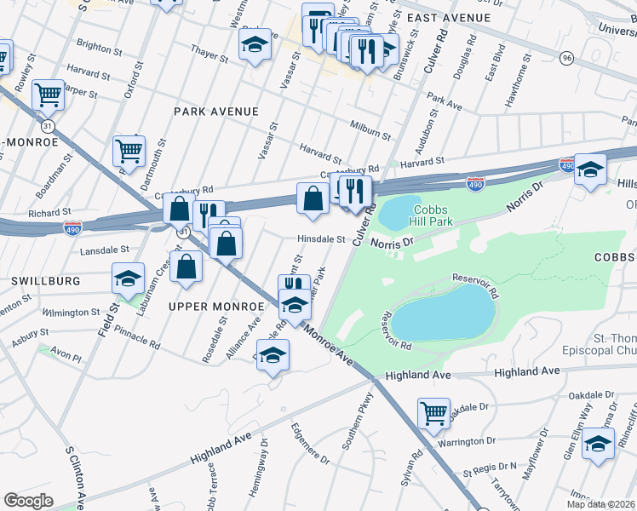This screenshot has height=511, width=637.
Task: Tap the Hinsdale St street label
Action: tap(320, 239)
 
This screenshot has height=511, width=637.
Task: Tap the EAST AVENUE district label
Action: tap(448, 18)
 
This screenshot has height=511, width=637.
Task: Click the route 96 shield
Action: tap(566, 58)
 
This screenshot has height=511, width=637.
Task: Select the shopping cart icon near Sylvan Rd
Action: tap(434, 413)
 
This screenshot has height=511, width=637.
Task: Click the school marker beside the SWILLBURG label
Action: tap(128, 278)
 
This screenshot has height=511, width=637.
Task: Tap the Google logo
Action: tap(28, 500)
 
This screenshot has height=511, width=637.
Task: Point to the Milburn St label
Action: tap(370, 129)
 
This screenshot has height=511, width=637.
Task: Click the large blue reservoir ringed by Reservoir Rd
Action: tap(443, 313)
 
